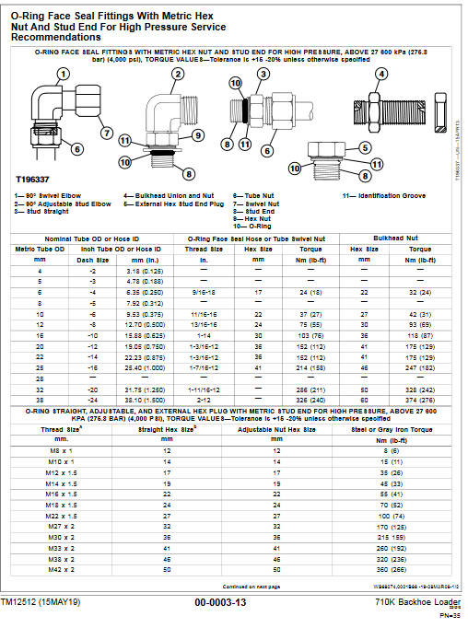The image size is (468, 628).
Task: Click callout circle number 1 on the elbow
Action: tap(63, 74)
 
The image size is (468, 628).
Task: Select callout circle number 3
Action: tap(263, 74)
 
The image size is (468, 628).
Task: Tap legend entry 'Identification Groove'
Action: tap(384, 197)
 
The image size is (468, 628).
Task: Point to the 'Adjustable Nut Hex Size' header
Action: tap(275, 429)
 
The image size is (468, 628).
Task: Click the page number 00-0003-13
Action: tap(219, 602)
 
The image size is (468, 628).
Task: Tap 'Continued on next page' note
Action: tap(251, 585)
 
